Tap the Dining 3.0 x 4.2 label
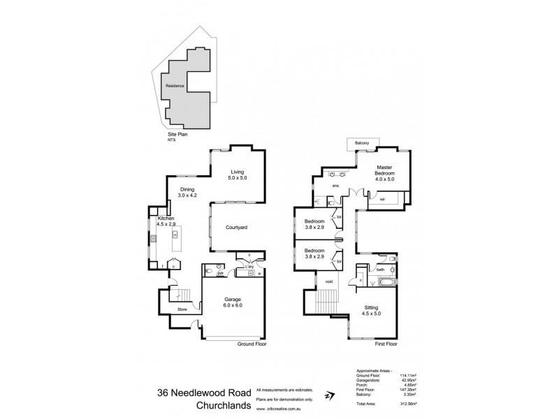click(188, 193)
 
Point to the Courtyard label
click(238, 228)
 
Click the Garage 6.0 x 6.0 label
click(232, 302)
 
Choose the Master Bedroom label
click(384, 172)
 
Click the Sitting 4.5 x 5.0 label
click(371, 311)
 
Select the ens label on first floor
click(335, 186)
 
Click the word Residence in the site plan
click(175, 86)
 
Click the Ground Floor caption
click(253, 344)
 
